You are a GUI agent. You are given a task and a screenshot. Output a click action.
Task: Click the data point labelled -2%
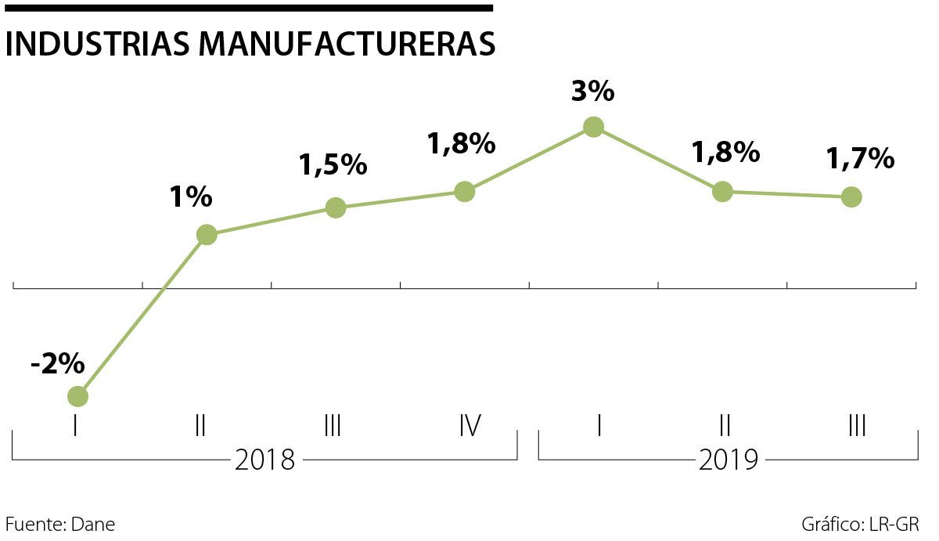pos(77,396)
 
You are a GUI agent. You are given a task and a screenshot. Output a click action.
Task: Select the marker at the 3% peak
pos(594,127)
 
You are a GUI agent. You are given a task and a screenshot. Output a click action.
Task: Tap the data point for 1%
pos(207,234)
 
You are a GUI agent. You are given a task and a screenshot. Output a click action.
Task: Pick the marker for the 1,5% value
pos(336,207)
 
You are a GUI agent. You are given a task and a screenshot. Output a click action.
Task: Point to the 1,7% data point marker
pos(851,197)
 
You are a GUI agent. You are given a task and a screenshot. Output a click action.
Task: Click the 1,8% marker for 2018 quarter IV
pos(465,191)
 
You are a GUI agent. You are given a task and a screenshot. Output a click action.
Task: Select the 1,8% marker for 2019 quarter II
pos(722,191)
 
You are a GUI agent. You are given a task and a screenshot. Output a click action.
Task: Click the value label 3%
pos(593,92)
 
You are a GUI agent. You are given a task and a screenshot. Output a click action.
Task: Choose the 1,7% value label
pos(860,159)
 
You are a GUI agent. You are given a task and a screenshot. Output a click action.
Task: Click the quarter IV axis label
pos(469,426)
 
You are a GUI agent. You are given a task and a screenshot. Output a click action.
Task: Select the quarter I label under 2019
pos(599,426)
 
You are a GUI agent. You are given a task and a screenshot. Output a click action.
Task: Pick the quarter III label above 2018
pos(332,426)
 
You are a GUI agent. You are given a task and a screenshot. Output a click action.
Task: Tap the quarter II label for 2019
pos(725,426)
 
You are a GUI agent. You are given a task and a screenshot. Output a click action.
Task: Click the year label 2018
pos(265,460)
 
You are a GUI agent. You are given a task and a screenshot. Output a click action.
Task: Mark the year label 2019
pos(729,460)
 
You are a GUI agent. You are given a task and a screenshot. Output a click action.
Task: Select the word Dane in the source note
pos(92,524)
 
